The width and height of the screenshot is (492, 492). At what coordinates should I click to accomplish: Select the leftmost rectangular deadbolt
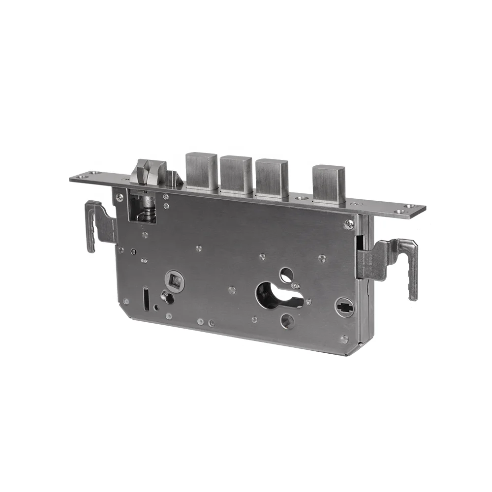coord(201,171)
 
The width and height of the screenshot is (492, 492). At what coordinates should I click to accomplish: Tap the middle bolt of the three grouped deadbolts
coord(236,175)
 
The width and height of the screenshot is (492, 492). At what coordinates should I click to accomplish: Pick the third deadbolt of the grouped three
coord(272,178)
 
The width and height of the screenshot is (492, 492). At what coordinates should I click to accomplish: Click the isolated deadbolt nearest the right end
coord(329,184)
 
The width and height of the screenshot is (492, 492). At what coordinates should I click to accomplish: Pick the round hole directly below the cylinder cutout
coord(287,321)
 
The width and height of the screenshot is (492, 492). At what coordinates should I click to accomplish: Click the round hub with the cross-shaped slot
coord(344,307)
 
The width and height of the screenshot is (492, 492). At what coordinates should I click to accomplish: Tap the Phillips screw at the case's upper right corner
coord(349,224)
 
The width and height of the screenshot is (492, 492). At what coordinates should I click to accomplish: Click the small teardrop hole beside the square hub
coord(167,297)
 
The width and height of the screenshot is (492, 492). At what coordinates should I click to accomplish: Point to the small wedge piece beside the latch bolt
coord(173,179)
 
